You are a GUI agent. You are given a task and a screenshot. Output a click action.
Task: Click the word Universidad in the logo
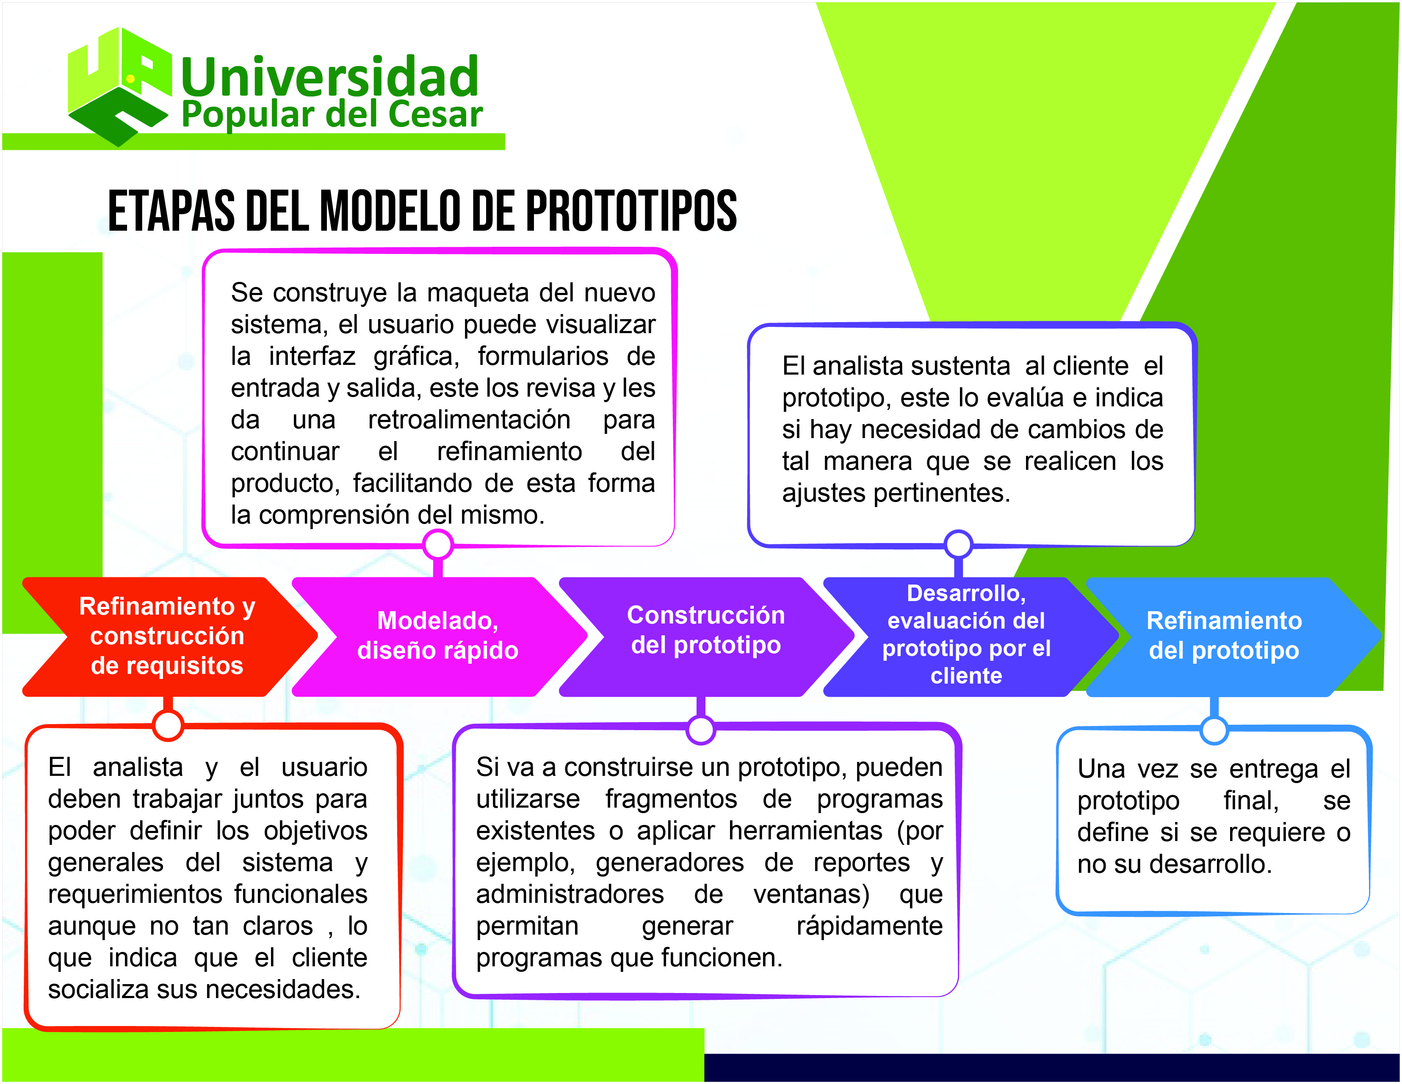point(329,77)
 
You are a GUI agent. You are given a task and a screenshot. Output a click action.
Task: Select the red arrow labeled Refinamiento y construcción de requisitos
point(167,636)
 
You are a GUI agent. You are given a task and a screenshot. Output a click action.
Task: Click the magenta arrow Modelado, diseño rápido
point(438,636)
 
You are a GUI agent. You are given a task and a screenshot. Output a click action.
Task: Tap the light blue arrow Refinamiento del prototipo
point(1224,636)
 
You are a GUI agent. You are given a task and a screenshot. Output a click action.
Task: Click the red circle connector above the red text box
point(168,725)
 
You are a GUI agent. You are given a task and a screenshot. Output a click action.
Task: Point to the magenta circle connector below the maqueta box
point(438,546)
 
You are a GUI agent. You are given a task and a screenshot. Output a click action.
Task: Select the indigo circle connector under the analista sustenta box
point(958,544)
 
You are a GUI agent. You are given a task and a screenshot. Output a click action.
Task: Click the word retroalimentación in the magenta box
point(469,420)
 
